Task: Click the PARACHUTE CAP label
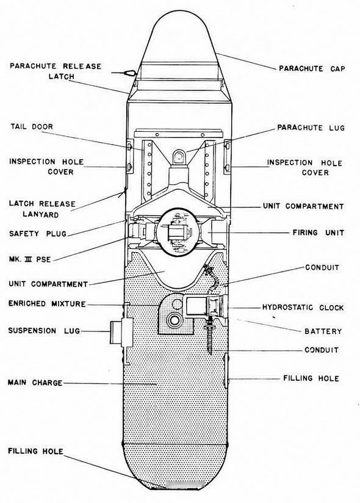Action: pos(312,68)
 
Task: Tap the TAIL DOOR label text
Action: pos(32,127)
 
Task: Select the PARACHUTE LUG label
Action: pos(311,128)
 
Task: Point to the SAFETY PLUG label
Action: pos(37,234)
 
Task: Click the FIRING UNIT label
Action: pos(318,233)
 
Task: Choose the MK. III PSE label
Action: pos(30,259)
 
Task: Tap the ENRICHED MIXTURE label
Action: pos(47,304)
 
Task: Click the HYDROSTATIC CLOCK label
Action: pos(303,308)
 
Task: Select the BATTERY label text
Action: pos(323,331)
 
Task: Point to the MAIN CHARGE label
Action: pos(35,383)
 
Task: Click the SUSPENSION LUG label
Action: pos(44,331)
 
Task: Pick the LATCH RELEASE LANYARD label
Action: pos(42,209)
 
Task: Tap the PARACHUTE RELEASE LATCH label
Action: pos(56,71)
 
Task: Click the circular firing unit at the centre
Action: pos(178,232)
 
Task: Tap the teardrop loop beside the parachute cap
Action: pos(131,73)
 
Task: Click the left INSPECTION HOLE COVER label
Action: pos(46,167)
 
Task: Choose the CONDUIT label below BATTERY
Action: pos(321,350)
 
